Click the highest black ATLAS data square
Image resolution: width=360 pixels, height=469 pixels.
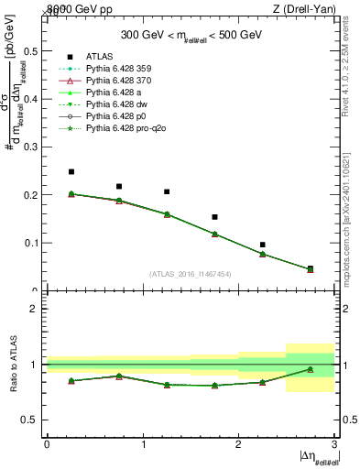(x=71, y=171)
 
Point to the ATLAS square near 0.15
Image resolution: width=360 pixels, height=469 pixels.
(x=214, y=217)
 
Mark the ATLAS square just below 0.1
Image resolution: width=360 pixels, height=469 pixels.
(x=262, y=245)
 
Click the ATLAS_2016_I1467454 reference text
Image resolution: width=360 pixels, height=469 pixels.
(x=191, y=274)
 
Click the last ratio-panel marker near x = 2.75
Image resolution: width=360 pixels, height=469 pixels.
(x=310, y=369)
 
